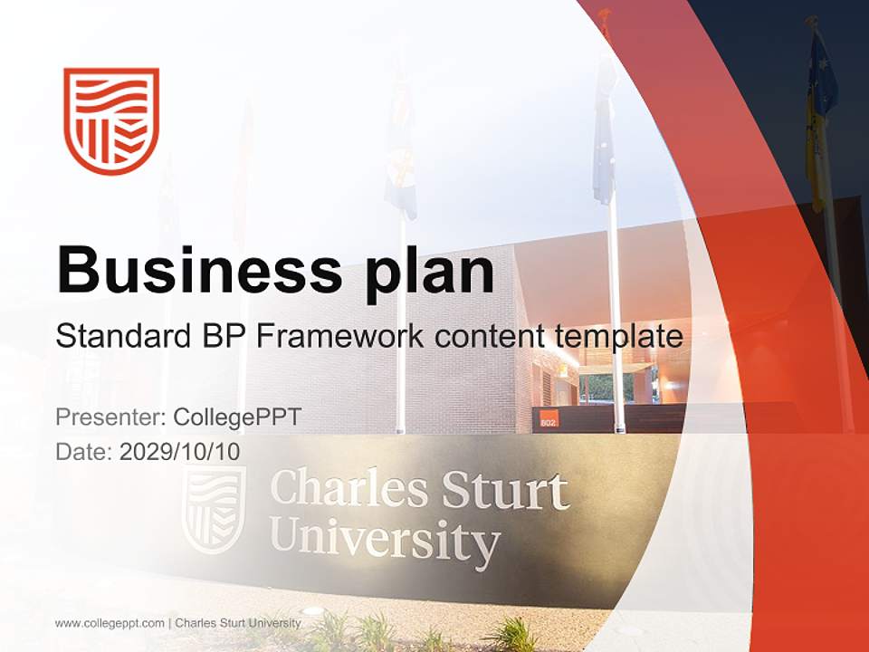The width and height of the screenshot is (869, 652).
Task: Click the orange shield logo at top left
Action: tap(111, 120)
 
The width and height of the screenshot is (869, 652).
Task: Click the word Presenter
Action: tap(110, 417)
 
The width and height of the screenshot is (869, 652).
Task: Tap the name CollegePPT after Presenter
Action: tap(237, 417)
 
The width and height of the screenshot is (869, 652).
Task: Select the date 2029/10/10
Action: tap(180, 452)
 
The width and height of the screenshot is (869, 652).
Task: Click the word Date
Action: tap(83, 452)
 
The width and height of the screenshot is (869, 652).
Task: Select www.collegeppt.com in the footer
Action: tap(110, 623)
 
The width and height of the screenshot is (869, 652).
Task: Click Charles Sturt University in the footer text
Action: tap(238, 623)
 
